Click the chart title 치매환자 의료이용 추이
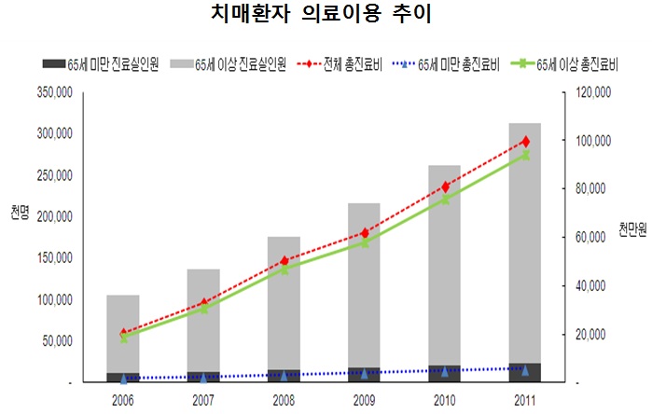(326, 17)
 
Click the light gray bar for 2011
(525, 242)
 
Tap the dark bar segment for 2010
(445, 374)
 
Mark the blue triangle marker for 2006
(123, 379)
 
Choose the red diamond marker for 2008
(284, 261)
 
